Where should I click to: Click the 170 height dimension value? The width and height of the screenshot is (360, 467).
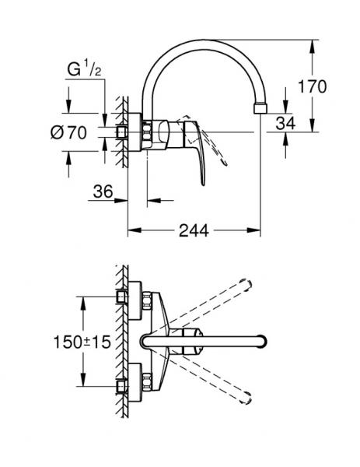pos(312,86)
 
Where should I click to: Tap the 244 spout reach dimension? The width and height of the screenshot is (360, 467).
pos(194,230)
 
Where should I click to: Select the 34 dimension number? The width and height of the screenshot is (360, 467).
pos(285,123)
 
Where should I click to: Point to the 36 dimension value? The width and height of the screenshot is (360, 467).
pos(103,191)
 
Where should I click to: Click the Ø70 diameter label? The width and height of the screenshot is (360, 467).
pos(68,132)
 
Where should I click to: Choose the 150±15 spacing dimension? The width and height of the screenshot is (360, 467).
pos(82,342)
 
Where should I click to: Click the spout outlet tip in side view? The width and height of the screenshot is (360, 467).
pos(260,108)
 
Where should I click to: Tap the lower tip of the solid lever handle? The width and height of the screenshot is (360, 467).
pos(203,184)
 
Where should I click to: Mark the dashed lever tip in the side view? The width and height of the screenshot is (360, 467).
pos(225,163)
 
